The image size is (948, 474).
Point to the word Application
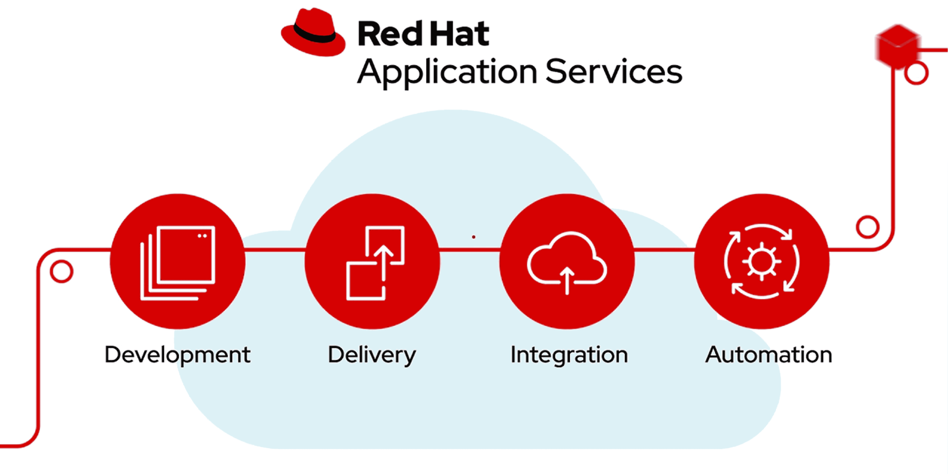(x=447, y=72)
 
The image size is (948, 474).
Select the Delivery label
(x=372, y=355)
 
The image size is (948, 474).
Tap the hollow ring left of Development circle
(x=61, y=272)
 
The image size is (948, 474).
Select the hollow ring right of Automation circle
(x=867, y=227)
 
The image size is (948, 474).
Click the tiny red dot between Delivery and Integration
(x=474, y=237)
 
